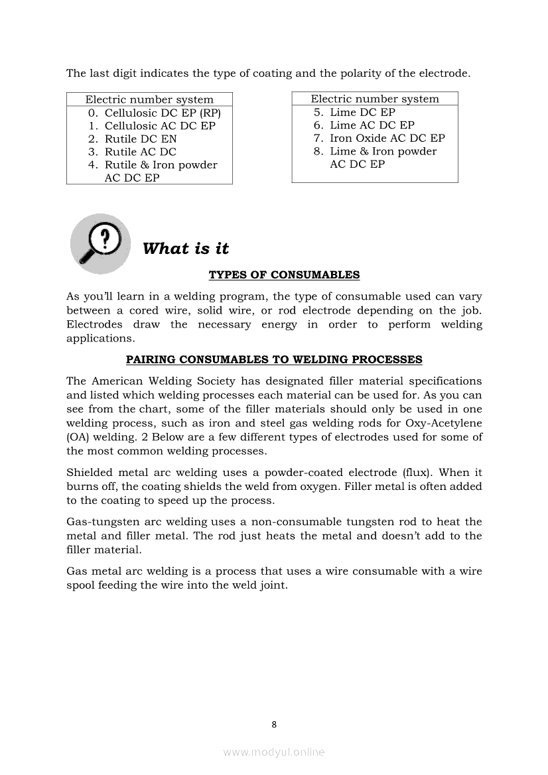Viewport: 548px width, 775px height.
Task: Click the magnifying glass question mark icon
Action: [x=100, y=243]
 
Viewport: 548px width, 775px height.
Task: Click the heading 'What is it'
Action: [x=185, y=249]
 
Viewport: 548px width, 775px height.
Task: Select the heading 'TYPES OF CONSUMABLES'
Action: [x=284, y=274]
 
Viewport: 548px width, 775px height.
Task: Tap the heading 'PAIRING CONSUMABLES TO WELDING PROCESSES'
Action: [x=274, y=359]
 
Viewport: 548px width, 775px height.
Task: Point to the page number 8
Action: [x=274, y=724]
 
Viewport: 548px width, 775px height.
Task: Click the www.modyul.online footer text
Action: [x=274, y=752]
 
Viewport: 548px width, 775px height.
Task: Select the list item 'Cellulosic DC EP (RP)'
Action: [x=162, y=113]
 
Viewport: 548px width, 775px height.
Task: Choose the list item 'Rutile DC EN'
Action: [x=141, y=139]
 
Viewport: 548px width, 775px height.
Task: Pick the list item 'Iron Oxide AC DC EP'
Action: [x=387, y=138]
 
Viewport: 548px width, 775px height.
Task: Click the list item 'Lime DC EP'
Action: [x=362, y=112]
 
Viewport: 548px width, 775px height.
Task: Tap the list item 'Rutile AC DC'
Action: [x=141, y=152]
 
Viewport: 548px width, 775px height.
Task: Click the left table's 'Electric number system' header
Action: [x=149, y=99]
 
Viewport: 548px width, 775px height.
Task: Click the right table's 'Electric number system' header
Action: [x=375, y=99]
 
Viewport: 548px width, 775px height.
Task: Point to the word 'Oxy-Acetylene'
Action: [x=445, y=423]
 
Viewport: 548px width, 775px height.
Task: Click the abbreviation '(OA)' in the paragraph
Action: [x=78, y=437]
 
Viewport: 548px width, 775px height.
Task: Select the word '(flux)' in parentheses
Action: [x=418, y=473]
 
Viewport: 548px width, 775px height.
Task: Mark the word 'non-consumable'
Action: [x=294, y=522]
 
